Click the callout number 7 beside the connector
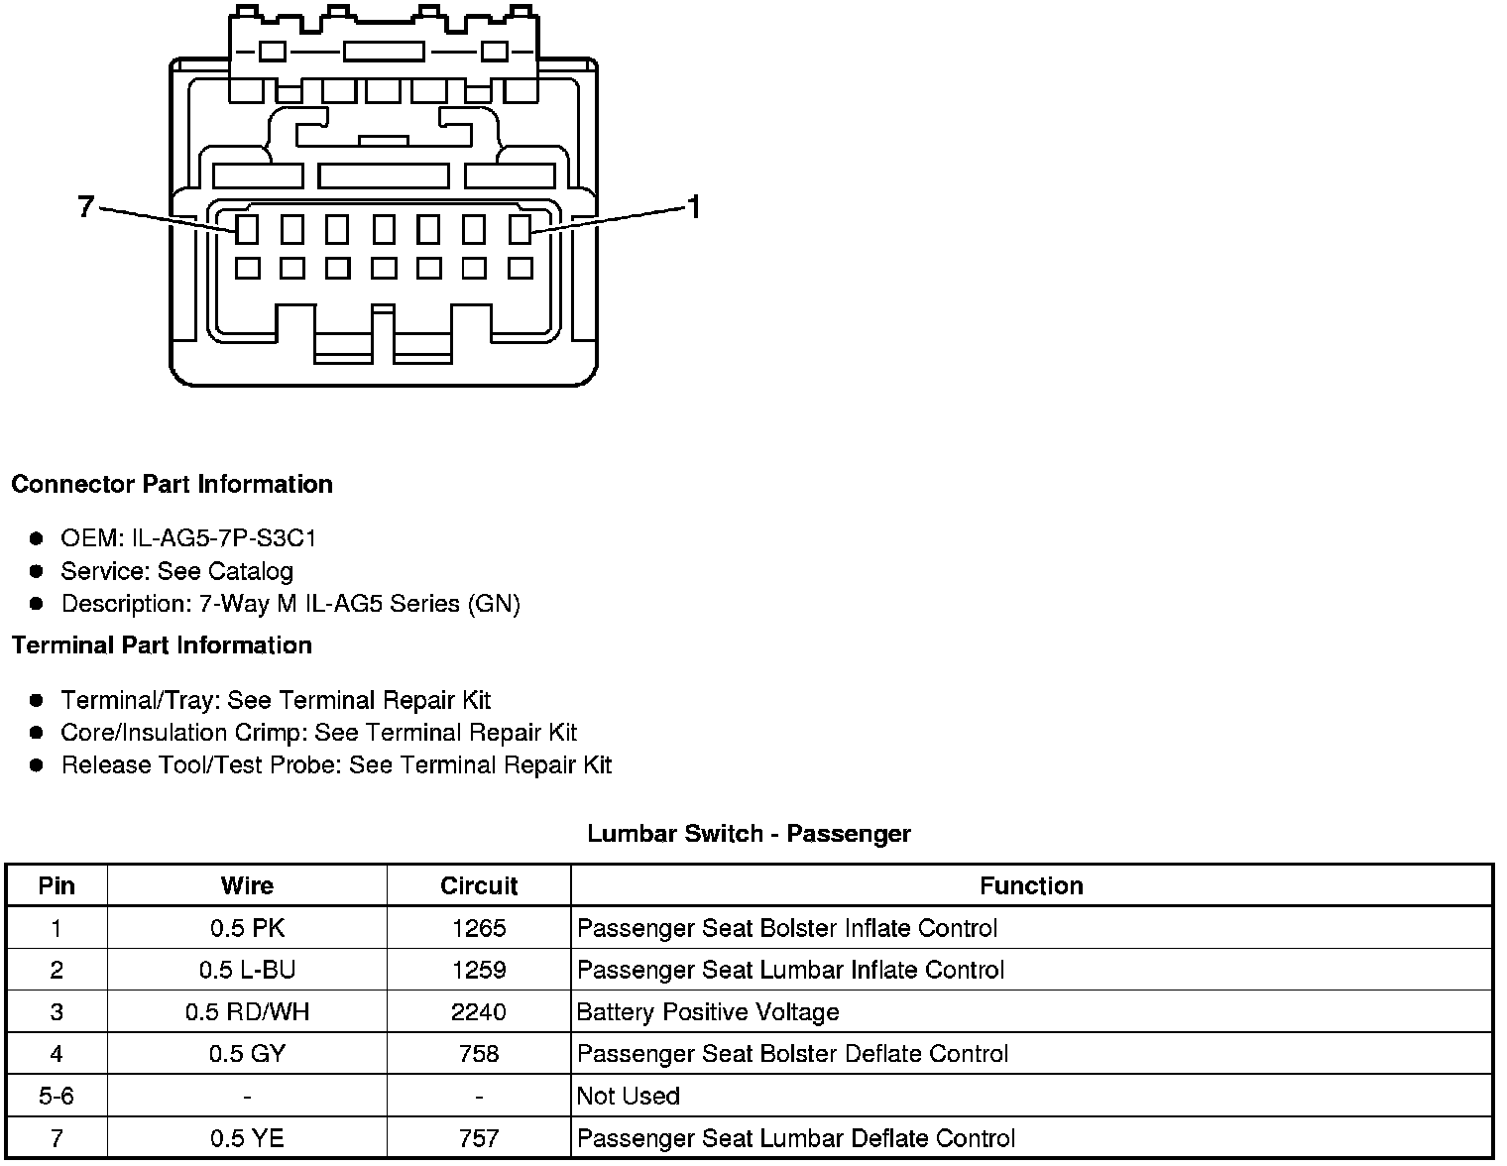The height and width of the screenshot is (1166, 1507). point(85,206)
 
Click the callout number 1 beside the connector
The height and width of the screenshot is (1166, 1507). point(694,207)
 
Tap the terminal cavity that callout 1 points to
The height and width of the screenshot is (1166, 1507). point(521,229)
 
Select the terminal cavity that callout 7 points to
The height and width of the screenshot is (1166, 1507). point(247,229)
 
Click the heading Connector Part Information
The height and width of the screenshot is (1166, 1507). point(172,484)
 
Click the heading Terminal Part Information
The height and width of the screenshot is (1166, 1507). point(162,645)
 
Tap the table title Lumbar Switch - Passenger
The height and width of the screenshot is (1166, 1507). point(749,834)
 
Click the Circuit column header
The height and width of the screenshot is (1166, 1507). point(479,885)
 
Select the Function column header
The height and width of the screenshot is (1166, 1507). point(1031,885)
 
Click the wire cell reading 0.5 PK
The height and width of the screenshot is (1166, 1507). point(247,928)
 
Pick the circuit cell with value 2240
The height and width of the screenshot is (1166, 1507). point(479,1012)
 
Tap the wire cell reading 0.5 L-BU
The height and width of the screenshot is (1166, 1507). point(247,970)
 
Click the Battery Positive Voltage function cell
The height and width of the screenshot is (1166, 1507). point(708,1012)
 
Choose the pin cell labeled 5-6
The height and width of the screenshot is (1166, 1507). point(57,1096)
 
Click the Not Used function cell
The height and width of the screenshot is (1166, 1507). point(629,1096)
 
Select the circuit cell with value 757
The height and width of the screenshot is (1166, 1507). point(479,1138)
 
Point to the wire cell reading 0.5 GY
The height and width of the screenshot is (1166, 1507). point(247,1054)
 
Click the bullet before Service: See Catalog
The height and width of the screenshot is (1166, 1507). point(37,571)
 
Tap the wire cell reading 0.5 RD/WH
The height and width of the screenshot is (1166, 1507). point(247,1012)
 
